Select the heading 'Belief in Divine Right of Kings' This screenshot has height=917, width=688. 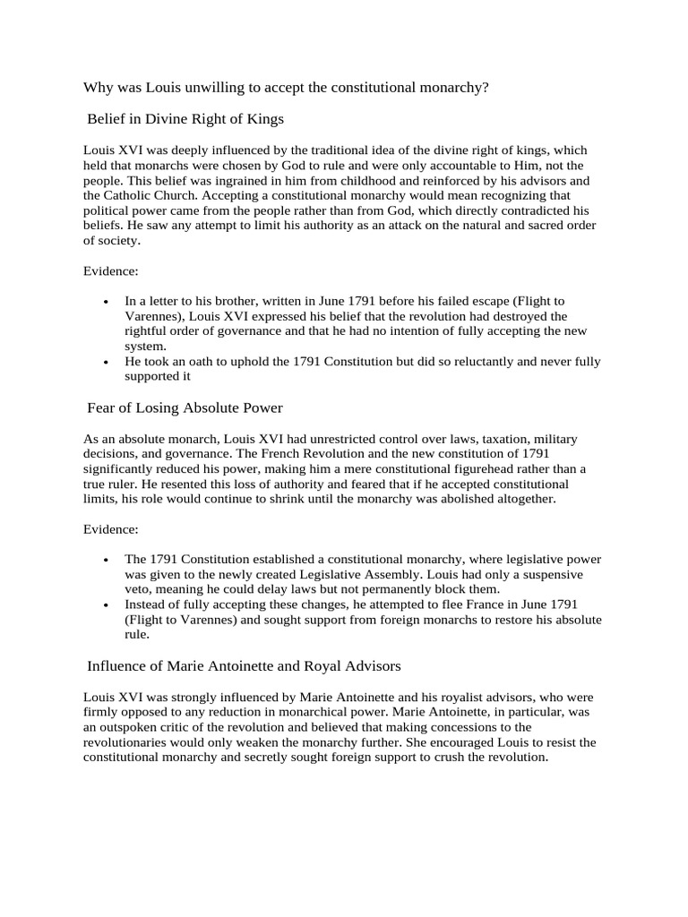click(185, 118)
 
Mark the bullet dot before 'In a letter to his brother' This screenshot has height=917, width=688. click(107, 302)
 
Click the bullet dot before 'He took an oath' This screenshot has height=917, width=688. click(107, 363)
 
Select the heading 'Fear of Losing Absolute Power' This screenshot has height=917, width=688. click(185, 408)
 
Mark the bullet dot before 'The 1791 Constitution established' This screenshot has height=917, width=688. click(107, 561)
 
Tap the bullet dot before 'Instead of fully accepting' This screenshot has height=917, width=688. click(107, 605)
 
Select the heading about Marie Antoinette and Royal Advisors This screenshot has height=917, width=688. click(243, 666)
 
